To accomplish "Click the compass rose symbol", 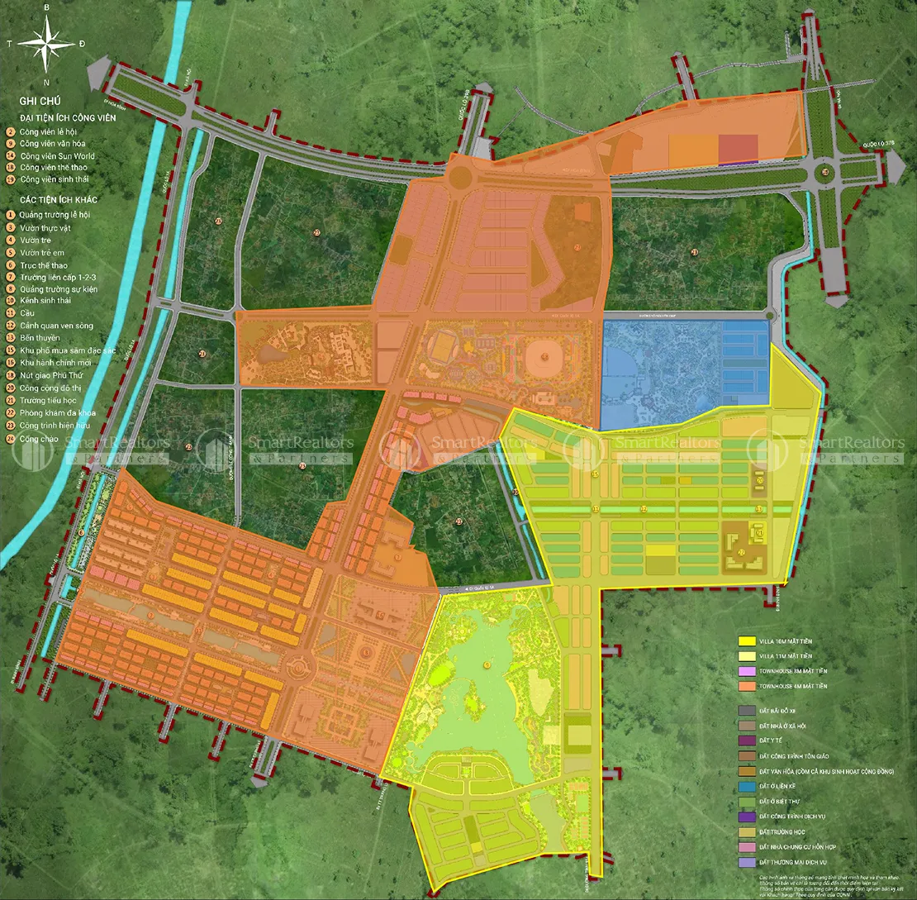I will click(47, 44).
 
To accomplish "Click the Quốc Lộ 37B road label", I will click(877, 142).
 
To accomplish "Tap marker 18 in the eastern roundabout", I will click(826, 173).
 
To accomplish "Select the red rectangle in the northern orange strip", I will click(737, 150).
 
